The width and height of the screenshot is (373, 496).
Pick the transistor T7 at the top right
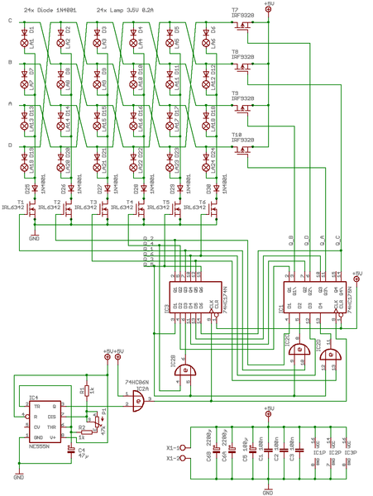pos(242,26)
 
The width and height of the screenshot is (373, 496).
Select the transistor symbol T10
pos(242,150)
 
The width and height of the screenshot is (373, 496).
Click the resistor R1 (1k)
pos(83,391)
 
